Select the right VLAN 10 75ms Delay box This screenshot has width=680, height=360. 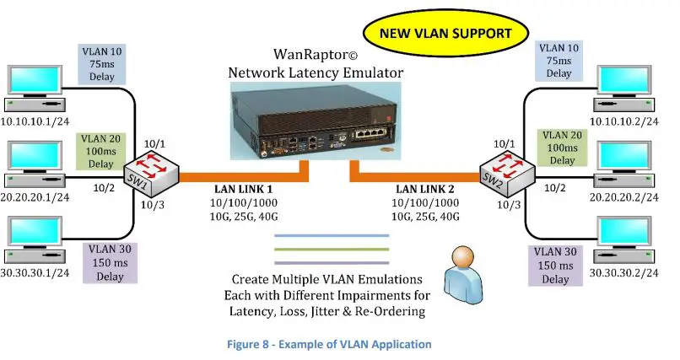pos(559,60)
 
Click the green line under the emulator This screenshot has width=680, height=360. pos(331,249)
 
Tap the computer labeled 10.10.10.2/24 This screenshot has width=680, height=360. pos(624,88)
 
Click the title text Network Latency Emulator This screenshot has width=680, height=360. pos(316,73)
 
